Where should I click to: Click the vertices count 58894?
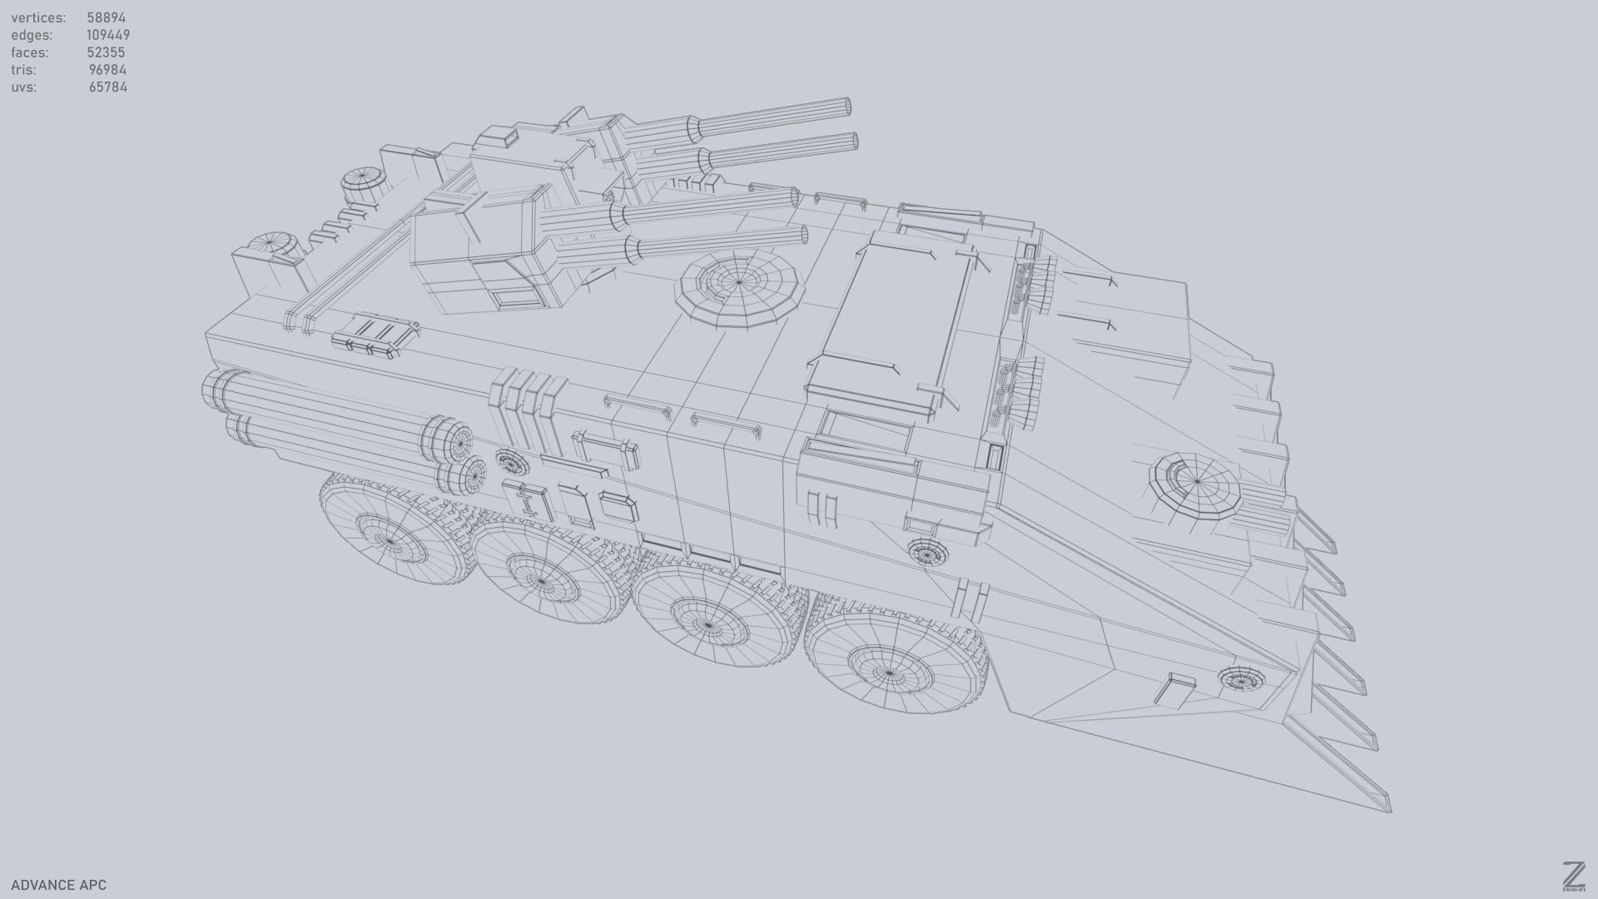tap(106, 17)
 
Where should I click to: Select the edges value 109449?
tap(107, 35)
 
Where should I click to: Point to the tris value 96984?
tap(107, 70)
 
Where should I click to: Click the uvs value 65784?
tap(107, 87)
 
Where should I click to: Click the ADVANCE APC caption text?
tap(58, 885)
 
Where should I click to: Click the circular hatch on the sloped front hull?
tap(1196, 483)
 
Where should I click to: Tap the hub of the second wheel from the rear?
tap(541, 580)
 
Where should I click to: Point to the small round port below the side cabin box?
tap(926, 551)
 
